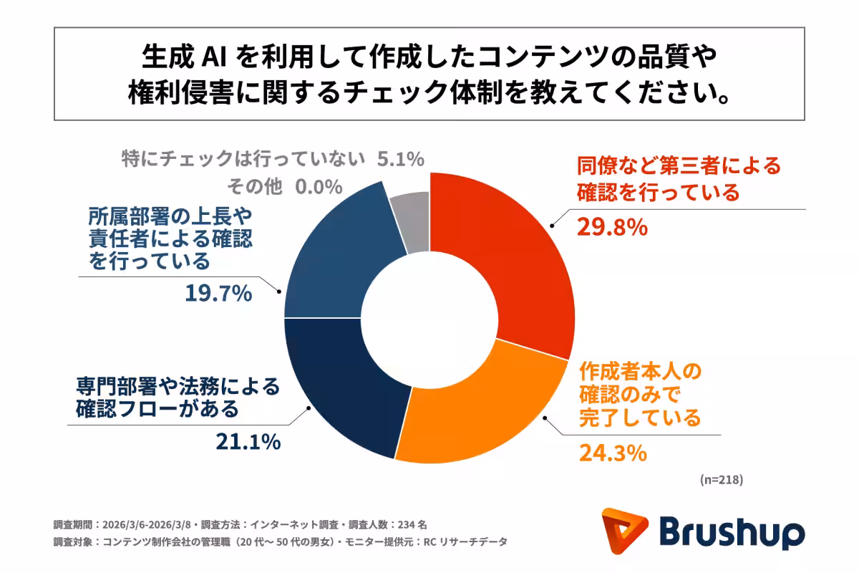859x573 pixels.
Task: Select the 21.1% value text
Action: tap(248, 442)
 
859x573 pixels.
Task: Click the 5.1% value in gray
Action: tap(402, 159)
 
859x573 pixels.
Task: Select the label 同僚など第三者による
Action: tap(678, 167)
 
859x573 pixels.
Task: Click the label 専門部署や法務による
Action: tap(177, 387)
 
